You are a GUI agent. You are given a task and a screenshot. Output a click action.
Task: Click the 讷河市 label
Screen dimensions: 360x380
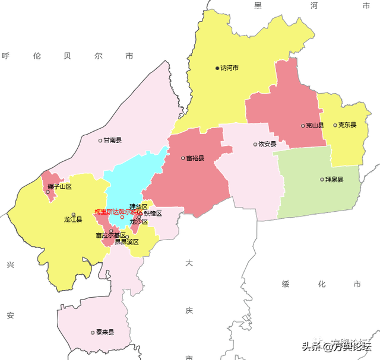click(229, 68)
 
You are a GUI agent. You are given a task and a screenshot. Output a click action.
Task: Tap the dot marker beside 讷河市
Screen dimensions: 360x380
click(217, 68)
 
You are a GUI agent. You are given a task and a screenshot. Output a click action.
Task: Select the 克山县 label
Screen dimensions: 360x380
click(315, 126)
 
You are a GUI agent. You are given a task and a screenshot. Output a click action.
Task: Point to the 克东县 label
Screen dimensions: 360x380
click(347, 125)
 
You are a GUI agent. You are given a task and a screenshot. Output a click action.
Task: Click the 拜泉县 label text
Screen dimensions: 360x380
click(334, 179)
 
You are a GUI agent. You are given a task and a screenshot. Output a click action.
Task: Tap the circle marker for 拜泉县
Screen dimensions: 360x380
click(322, 179)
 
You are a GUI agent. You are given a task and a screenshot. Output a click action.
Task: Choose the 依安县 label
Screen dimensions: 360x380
click(268, 144)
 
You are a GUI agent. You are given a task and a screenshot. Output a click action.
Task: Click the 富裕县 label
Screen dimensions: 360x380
click(195, 158)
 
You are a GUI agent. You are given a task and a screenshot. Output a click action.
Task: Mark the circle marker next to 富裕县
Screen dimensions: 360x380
click(183, 158)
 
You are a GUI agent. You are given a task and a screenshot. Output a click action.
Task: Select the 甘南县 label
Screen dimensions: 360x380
click(112, 141)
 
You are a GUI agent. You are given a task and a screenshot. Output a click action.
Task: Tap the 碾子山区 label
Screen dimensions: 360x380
click(59, 187)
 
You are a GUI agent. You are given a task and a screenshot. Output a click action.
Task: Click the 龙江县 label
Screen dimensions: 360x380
click(73, 219)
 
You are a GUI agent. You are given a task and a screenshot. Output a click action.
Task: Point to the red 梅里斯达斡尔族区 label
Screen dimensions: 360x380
click(118, 212)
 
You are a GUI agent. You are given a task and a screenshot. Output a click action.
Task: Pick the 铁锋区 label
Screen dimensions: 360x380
click(153, 214)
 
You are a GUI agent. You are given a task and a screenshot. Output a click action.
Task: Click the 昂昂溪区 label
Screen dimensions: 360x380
click(126, 242)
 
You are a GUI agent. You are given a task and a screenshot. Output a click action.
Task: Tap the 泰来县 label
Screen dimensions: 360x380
click(104, 333)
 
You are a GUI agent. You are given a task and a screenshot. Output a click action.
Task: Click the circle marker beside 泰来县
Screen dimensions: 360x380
click(93, 333)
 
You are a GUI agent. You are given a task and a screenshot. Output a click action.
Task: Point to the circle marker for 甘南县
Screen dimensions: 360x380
click(100, 141)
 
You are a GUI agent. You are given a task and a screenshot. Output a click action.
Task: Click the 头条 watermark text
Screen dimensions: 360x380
click(311, 346)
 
